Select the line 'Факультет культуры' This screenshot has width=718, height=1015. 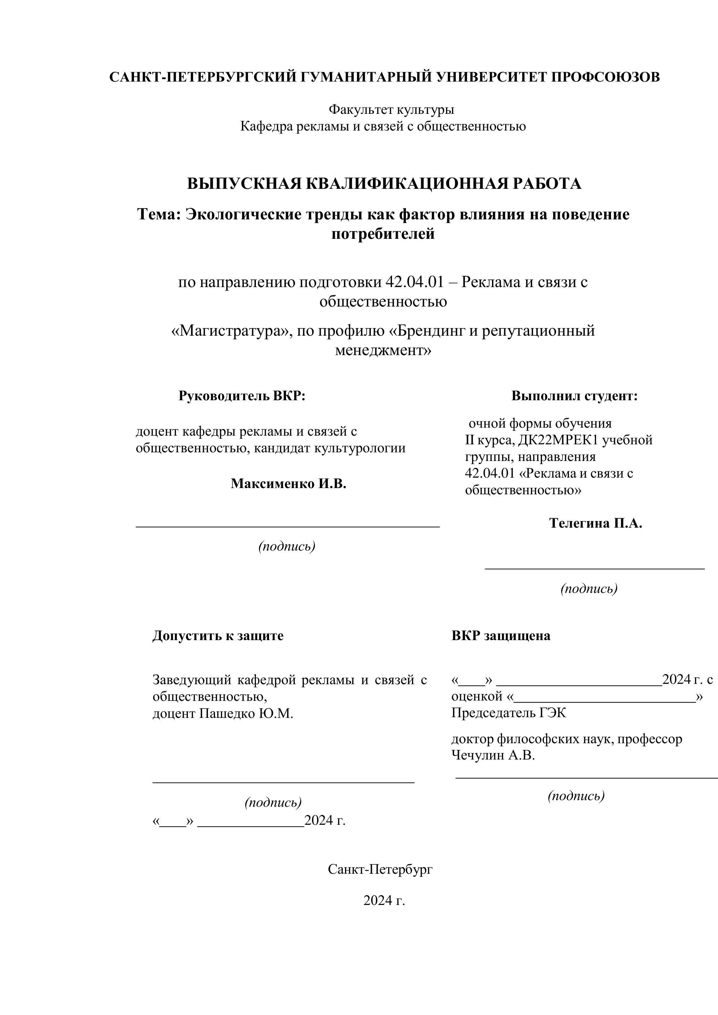click(x=391, y=109)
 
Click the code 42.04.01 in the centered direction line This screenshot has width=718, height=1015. click(x=414, y=282)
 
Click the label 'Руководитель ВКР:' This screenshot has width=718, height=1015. click(x=242, y=396)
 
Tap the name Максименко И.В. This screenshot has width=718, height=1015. click(x=288, y=484)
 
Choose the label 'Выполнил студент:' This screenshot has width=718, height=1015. click(x=574, y=396)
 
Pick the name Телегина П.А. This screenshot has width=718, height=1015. click(x=595, y=523)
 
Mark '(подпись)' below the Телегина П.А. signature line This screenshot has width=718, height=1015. click(x=588, y=588)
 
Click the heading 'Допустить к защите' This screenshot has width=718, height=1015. click(x=218, y=636)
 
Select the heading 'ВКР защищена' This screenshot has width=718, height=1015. click(x=500, y=636)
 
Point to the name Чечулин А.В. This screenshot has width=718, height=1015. click(x=493, y=755)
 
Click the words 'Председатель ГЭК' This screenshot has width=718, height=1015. click(x=508, y=713)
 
